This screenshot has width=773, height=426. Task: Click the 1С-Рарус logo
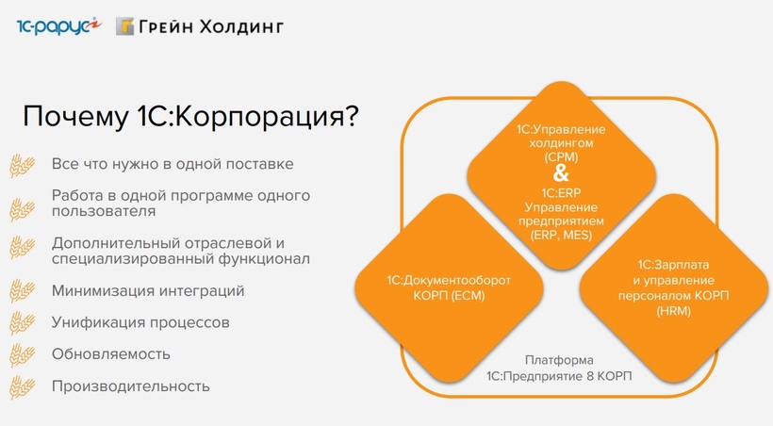58,26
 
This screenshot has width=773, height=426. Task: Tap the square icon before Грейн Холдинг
124,26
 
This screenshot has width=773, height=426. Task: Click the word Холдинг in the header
241,26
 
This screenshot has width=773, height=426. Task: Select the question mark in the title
351,117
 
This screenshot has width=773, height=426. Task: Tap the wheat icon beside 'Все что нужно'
23,165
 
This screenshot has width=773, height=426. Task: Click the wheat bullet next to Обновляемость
23,355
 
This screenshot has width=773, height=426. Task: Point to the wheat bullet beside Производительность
23,387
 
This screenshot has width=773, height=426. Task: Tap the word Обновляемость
111,354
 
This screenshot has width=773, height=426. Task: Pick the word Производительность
131,386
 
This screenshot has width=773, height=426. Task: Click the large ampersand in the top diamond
561,173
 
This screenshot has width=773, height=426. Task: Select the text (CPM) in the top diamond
561,157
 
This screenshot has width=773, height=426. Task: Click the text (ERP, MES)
561,235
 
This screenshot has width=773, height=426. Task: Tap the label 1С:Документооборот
449,280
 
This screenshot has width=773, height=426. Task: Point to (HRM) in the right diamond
673,311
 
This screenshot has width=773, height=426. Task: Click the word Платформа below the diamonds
559,360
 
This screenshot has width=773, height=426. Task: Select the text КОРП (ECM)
449,296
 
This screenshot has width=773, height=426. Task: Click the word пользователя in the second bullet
104,211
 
